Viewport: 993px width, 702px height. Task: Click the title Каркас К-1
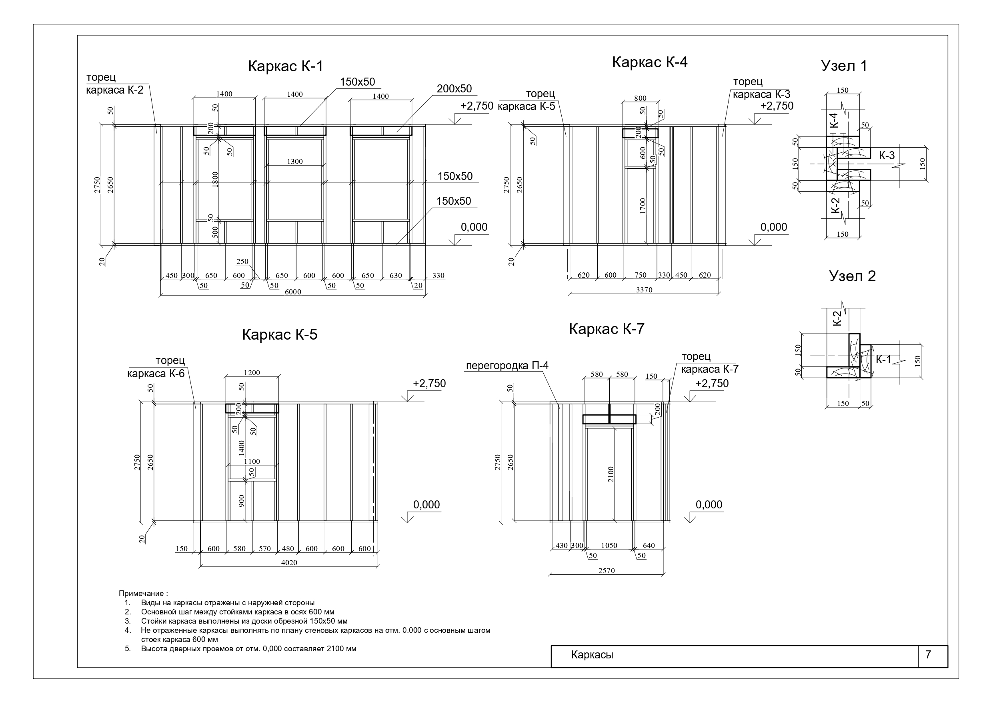[x=285, y=66]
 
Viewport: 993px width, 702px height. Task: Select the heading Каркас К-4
[x=650, y=62]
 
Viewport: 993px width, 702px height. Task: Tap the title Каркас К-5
[x=279, y=334]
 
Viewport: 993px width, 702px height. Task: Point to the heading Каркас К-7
[x=607, y=329]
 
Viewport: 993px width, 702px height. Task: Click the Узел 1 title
[x=844, y=66]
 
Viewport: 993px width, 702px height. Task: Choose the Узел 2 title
[x=852, y=276]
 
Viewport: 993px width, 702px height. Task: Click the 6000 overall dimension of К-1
[x=293, y=292]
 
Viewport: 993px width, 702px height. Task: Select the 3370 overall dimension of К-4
[x=644, y=290]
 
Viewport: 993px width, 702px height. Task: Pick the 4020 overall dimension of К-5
[x=289, y=563]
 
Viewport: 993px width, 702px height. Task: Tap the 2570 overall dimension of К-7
[x=607, y=570]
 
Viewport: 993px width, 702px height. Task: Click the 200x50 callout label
[x=454, y=89]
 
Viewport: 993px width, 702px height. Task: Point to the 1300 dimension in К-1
[x=295, y=161]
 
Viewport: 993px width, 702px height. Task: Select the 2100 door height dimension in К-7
[x=611, y=474]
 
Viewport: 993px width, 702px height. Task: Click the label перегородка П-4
[x=507, y=366]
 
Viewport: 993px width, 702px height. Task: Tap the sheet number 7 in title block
[x=928, y=654]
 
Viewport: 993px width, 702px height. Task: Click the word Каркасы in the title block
[x=592, y=654]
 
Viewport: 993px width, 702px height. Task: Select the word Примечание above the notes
[x=141, y=594]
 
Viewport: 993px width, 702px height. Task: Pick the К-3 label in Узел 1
[x=887, y=156]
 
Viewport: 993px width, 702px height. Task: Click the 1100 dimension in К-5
[x=252, y=462]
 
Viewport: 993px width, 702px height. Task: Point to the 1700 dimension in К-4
[x=643, y=206]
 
